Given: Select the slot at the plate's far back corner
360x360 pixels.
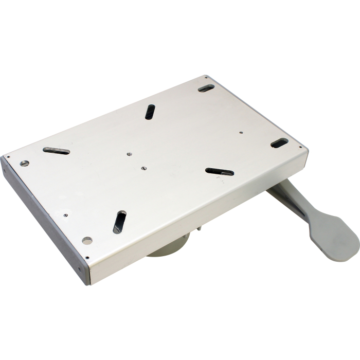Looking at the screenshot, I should pyautogui.click(x=206, y=88).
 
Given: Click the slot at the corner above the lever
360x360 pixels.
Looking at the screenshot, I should pyautogui.click(x=279, y=143).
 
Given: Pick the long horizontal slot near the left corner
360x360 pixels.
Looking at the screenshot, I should pyautogui.click(x=56, y=151).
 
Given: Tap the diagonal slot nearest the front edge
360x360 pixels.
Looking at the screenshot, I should pyautogui.click(x=119, y=222).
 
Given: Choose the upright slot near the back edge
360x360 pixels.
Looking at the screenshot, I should pyautogui.click(x=150, y=111).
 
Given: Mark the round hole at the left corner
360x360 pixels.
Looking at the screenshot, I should pyautogui.click(x=24, y=164).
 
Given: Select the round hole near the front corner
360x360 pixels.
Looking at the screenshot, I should pyautogui.click(x=87, y=240).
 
